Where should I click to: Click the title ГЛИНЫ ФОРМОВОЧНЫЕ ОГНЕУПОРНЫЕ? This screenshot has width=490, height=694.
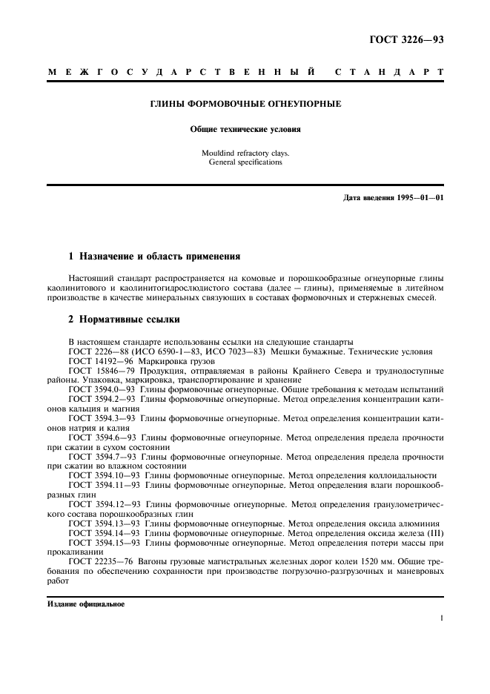point(245,105)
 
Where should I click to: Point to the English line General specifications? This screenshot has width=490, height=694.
point(245,162)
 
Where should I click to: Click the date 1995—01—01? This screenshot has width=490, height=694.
point(417,198)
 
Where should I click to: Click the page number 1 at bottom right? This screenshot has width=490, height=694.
point(441,618)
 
